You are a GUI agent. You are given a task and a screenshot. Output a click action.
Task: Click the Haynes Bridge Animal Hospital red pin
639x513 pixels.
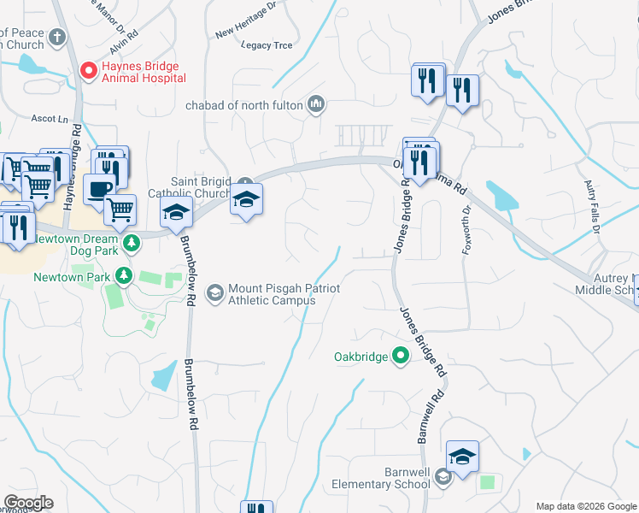tap(87, 70)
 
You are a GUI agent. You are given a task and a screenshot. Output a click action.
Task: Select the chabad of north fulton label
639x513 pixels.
tap(246, 106)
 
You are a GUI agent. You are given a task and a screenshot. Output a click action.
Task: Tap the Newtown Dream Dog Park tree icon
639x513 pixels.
tap(131, 245)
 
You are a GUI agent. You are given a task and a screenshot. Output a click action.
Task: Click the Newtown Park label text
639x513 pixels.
tap(72, 276)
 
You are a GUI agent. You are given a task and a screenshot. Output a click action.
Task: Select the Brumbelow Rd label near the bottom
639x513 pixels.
tap(193, 393)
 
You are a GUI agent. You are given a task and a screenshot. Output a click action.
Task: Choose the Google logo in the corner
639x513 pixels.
tap(27, 503)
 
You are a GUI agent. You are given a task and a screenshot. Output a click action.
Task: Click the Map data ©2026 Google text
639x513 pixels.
tap(585, 506)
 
